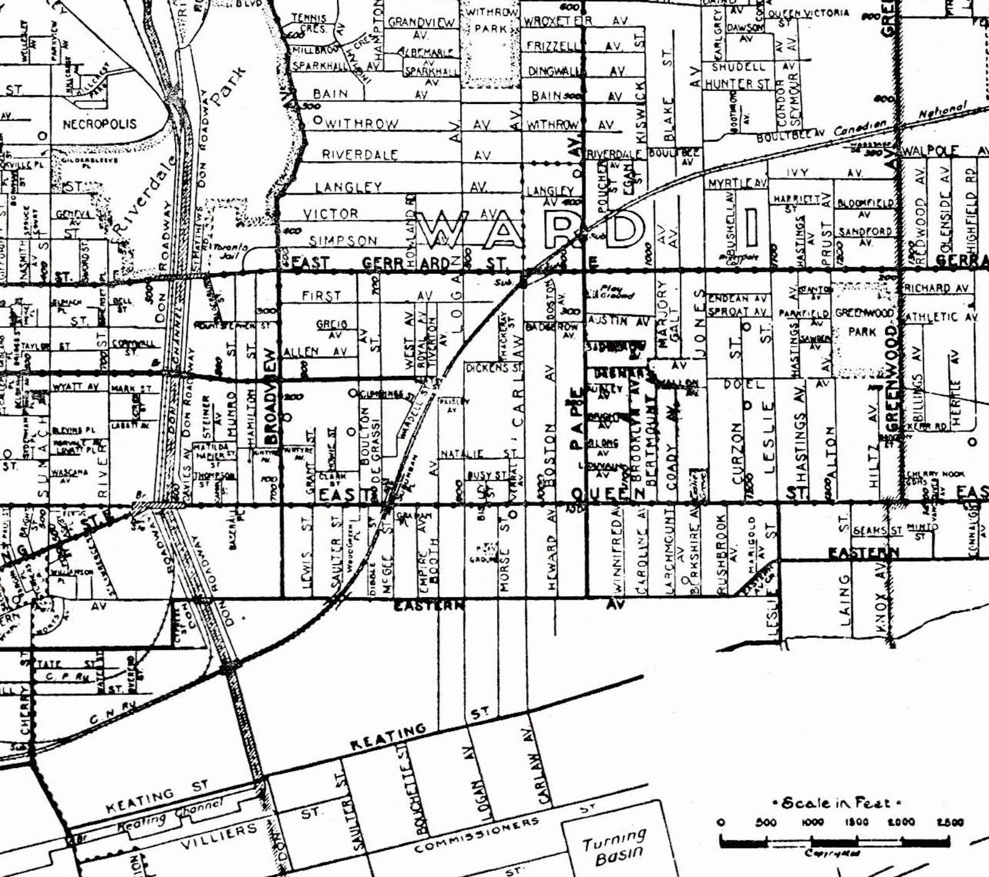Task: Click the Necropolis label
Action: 100,124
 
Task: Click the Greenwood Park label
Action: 863,322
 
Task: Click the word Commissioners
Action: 476,835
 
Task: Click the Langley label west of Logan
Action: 349,187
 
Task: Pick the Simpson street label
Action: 343,241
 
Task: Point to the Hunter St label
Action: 738,84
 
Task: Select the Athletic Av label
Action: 940,317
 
